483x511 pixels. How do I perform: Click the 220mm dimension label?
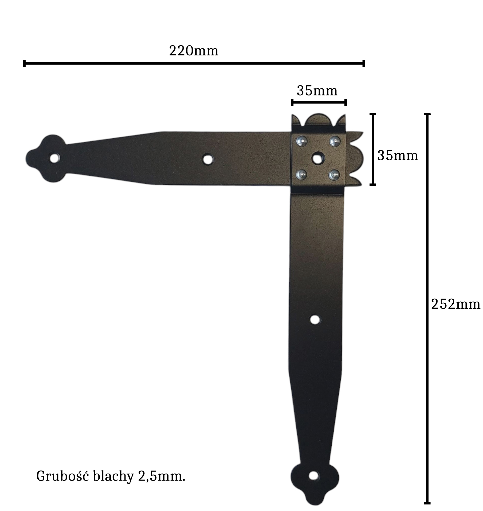(x=194, y=51)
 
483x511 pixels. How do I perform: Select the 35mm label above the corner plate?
(x=317, y=91)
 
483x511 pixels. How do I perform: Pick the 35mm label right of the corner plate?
(x=398, y=156)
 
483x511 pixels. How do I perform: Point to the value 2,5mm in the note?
(x=162, y=477)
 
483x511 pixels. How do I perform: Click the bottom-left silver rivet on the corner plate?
(x=301, y=175)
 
